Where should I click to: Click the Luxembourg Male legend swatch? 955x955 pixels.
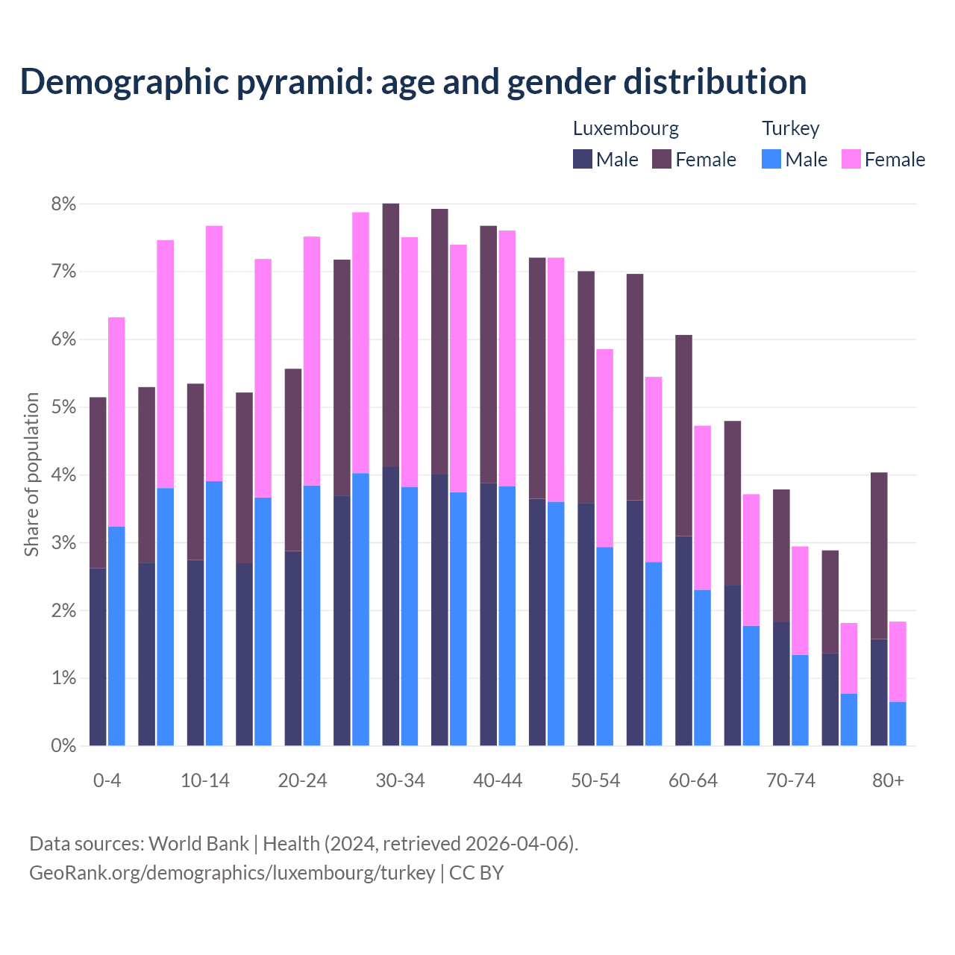(583, 159)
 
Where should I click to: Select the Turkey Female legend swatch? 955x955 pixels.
(851, 159)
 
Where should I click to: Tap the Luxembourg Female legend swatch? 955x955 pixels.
(662, 159)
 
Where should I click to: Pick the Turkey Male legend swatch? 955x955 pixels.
(771, 159)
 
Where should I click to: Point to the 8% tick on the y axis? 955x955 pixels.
(63, 204)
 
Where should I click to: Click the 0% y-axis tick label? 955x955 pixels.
(63, 745)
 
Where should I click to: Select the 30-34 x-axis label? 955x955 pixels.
(400, 780)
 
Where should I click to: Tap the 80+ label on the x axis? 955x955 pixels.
(888, 780)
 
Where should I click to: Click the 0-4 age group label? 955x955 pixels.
(107, 780)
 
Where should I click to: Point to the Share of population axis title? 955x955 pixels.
(31, 475)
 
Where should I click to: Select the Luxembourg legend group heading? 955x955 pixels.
(625, 128)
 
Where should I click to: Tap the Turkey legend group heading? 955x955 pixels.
(790, 128)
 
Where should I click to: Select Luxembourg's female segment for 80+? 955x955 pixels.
(879, 556)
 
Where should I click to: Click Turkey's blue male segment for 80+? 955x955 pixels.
(898, 724)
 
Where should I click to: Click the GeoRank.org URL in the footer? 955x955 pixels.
(232, 872)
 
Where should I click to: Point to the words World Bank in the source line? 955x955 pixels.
(198, 844)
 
